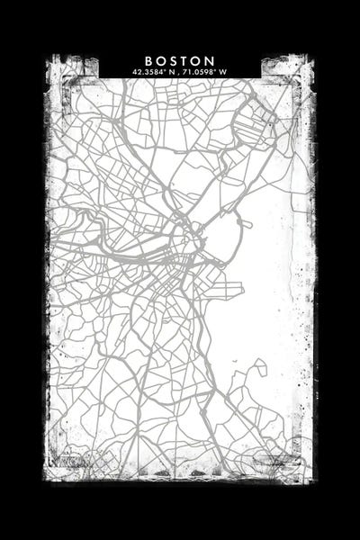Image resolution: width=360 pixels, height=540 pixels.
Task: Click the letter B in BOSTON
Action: pos(148,60)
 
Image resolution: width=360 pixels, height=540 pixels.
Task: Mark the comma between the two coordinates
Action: pos(177,72)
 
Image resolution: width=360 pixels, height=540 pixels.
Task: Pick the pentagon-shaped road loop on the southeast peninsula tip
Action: pos(258,368)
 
